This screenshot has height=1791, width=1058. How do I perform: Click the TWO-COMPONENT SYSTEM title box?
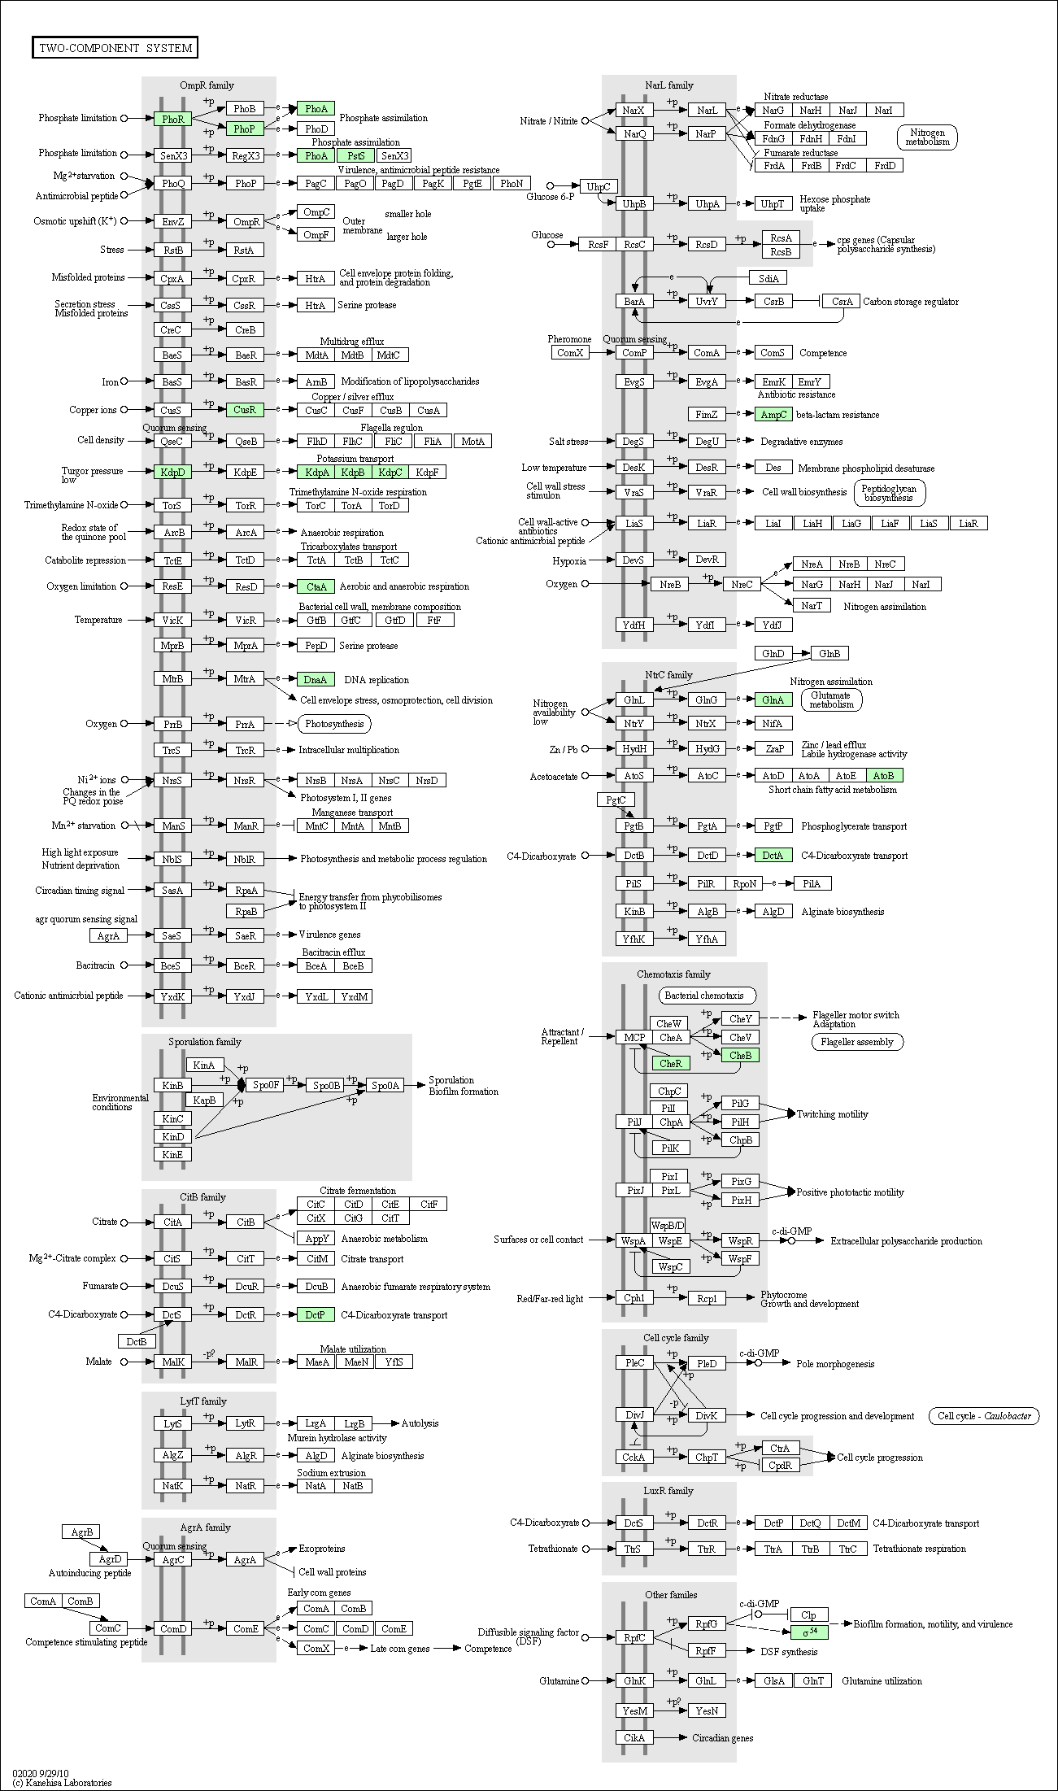pos(115,48)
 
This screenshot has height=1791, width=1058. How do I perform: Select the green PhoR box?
pos(172,119)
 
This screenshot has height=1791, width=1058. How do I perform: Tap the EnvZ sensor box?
pos(172,221)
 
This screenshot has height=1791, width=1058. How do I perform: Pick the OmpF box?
pos(316,235)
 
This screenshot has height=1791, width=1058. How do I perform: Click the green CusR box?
pos(245,410)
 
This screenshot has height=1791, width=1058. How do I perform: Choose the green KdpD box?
pos(172,472)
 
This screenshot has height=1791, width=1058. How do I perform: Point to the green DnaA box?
pos(316,679)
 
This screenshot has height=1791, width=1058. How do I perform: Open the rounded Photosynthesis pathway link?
pos(335,724)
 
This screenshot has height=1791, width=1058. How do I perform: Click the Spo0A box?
pos(385,1085)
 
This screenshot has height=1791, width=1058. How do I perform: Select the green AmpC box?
pos(773,415)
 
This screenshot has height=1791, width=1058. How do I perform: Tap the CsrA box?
pos(842,302)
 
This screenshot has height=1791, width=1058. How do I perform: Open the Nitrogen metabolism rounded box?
pos(927,137)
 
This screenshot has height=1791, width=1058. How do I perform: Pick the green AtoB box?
pos(884,776)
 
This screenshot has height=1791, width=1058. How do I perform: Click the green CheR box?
pos(671,1063)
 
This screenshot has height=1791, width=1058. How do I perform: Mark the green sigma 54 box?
pos(809,1632)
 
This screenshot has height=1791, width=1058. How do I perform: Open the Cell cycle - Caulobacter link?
pos(984,1416)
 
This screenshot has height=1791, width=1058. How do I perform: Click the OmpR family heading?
pos(207,85)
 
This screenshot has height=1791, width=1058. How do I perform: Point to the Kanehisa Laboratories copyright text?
pos(62,1783)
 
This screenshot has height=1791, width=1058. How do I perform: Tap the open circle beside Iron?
pos(124,381)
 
